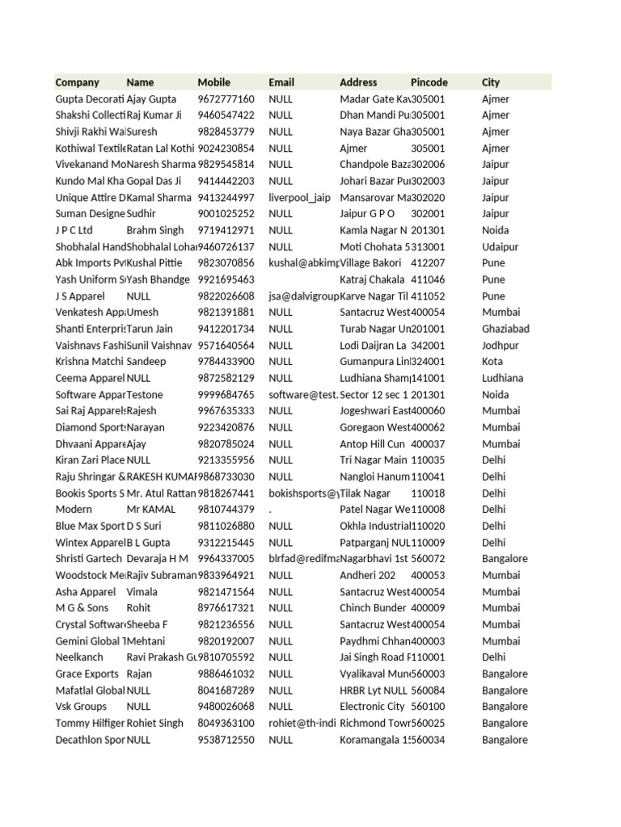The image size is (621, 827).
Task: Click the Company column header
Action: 78,82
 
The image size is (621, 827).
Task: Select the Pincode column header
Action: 429,82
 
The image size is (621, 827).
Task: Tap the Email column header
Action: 281,82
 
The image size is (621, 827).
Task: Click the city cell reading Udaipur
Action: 501,246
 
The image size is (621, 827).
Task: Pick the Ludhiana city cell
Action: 502,378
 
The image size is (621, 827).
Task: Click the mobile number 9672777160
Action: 226,99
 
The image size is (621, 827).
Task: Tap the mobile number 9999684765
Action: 226,395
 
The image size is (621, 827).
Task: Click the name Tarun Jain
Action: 151,329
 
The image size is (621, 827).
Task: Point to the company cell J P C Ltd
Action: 74,230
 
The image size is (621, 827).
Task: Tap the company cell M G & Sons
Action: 82,608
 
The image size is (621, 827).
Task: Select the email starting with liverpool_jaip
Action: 299,197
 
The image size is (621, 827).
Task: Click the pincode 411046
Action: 428,279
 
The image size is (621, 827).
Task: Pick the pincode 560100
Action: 428,707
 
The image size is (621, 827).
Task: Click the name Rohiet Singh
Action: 155,723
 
